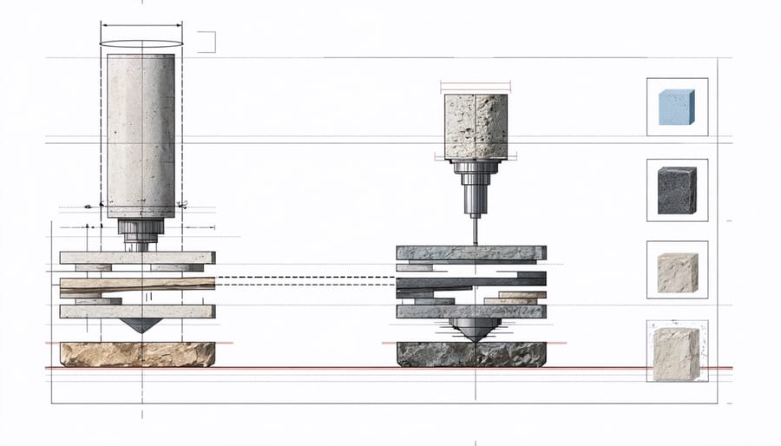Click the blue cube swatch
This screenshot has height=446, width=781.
(x=678, y=107)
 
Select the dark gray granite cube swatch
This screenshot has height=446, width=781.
(x=677, y=189)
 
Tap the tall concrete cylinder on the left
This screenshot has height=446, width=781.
(x=141, y=134)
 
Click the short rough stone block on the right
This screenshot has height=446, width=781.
(x=475, y=127)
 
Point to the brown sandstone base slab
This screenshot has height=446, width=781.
(x=137, y=353)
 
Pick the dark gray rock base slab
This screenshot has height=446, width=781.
(x=471, y=353)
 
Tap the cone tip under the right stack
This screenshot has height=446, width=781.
(x=474, y=329)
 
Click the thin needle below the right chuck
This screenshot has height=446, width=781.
(x=475, y=229)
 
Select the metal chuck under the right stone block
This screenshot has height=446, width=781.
(x=475, y=186)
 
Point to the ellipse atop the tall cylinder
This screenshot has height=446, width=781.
(x=141, y=43)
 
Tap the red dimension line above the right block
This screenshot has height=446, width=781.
(x=476, y=85)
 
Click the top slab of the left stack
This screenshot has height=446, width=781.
(x=137, y=257)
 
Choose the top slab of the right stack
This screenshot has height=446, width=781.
(x=471, y=253)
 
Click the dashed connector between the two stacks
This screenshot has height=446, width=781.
(x=305, y=280)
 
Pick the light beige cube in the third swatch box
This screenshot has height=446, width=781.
(x=677, y=272)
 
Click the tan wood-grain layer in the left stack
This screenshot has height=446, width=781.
(x=137, y=284)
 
